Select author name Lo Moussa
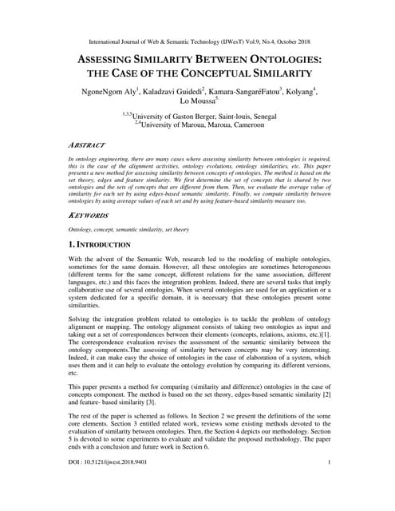coord(195,103)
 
